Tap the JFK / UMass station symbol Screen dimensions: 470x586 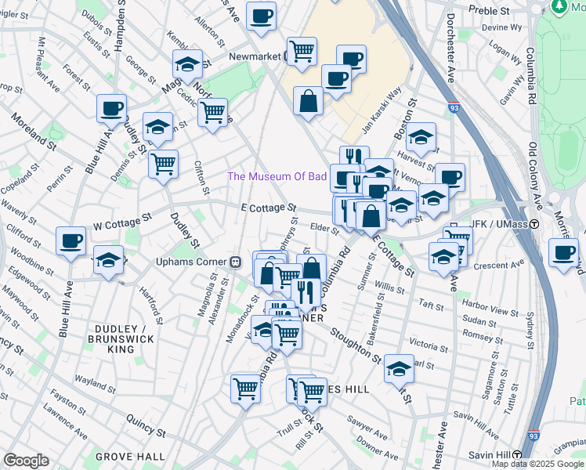[534, 224]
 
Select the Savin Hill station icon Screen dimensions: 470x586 [517, 455]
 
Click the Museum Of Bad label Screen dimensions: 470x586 [277, 176]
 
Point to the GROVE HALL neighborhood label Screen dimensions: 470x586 [130, 456]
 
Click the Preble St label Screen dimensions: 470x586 [489, 10]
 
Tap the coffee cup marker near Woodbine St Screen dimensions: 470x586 [71, 240]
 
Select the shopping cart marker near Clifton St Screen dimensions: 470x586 [163, 164]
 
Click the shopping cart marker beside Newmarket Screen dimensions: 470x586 [302, 51]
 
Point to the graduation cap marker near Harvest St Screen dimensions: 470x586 [421, 136]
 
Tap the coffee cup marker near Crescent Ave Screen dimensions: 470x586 [563, 252]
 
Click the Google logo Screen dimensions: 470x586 [26, 461]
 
